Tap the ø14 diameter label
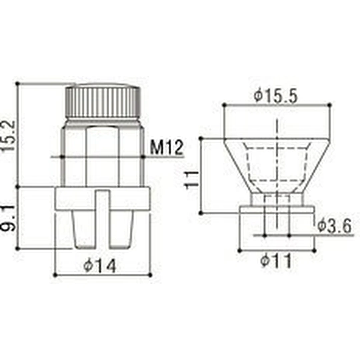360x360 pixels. click(100, 266)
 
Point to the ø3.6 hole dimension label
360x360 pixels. click(334, 227)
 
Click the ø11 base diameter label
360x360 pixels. click(276, 261)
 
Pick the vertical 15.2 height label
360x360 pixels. click(9, 135)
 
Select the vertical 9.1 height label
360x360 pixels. click(9, 218)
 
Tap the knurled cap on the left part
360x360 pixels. click(102, 102)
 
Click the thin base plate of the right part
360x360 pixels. click(277, 209)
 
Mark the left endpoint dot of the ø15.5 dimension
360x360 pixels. click(224, 105)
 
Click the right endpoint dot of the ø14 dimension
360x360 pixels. click(150, 275)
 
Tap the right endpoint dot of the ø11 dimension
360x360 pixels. click(314, 250)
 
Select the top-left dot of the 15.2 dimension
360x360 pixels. click(18, 83)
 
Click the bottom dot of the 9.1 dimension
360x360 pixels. click(18, 248)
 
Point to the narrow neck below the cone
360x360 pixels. click(277, 199)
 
